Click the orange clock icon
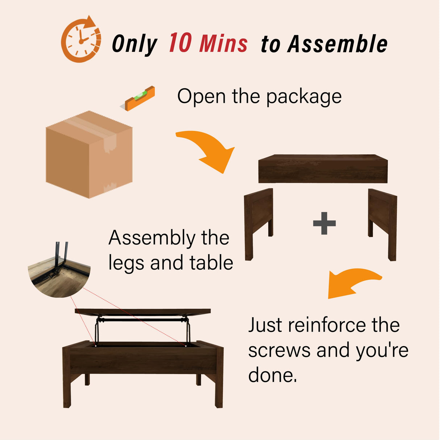coord(81,40)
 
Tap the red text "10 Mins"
coord(208,43)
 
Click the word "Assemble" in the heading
coord(337,44)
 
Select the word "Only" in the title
coord(134,44)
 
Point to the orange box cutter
coord(140,98)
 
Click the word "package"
coord(304,97)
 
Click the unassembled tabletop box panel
coord(323,169)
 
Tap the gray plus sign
coord(324,223)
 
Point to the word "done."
coord(273,375)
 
